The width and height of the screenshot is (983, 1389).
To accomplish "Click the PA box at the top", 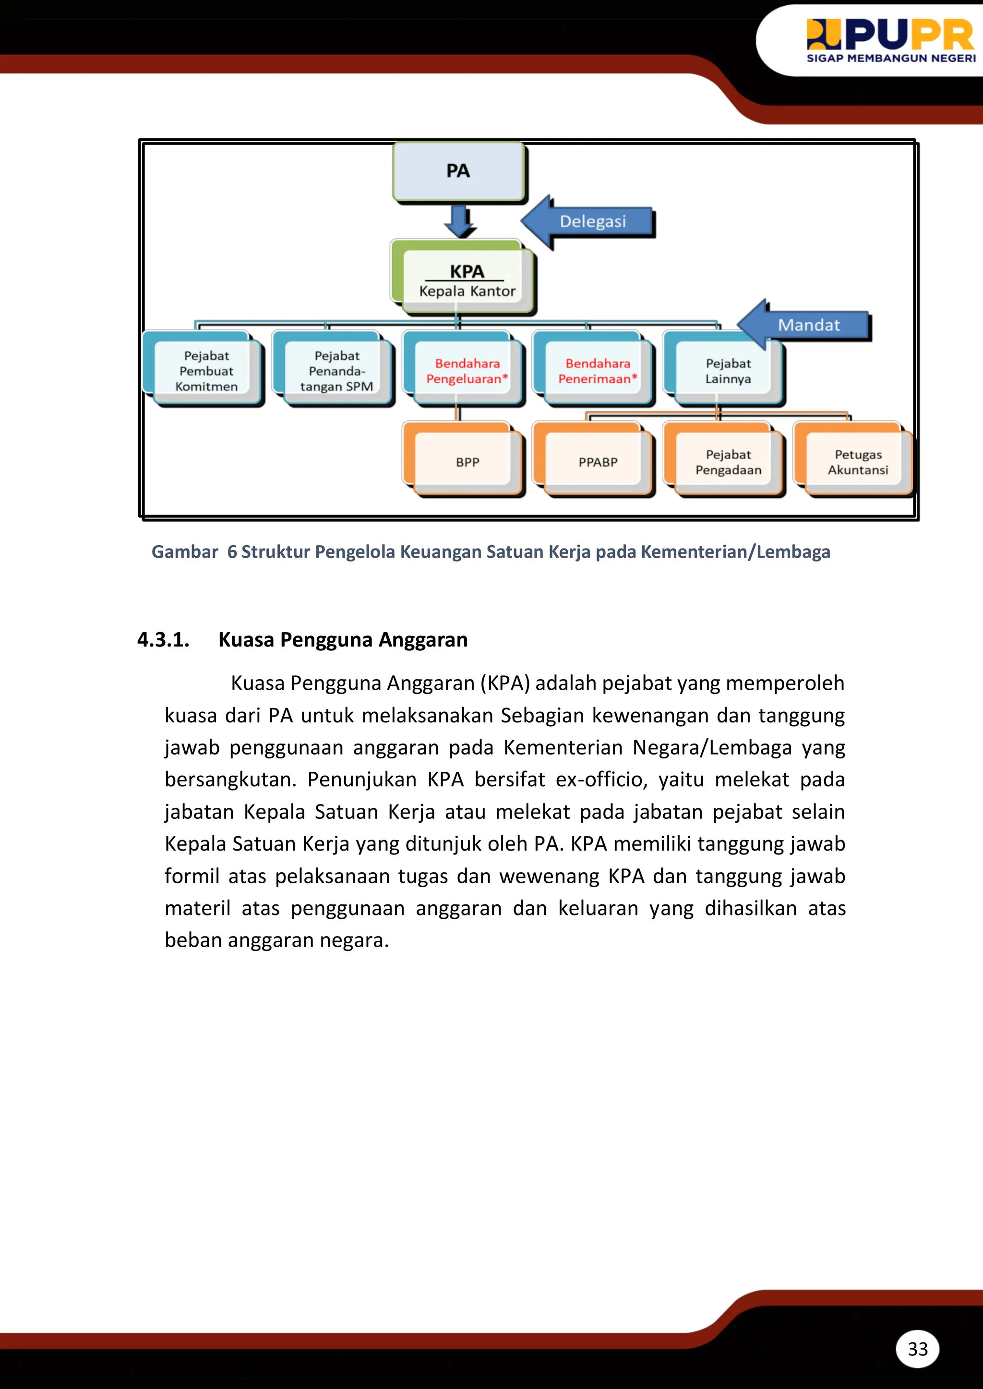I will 458,171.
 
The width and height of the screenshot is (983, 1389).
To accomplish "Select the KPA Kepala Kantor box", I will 466,280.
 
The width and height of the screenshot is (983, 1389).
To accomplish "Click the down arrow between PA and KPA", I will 460,221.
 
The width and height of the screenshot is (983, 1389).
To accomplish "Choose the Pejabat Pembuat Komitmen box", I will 206,371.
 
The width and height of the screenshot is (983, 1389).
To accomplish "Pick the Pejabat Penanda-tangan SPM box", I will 336,371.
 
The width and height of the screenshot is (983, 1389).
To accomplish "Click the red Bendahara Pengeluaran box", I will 467,371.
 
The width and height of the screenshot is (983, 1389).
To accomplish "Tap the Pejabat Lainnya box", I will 728,371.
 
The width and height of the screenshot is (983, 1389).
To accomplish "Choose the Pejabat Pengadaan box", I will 728,462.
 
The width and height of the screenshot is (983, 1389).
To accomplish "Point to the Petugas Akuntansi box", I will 857,462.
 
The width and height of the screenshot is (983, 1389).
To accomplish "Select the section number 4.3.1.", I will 163,640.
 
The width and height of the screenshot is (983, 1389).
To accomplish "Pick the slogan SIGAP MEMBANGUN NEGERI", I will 890,59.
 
